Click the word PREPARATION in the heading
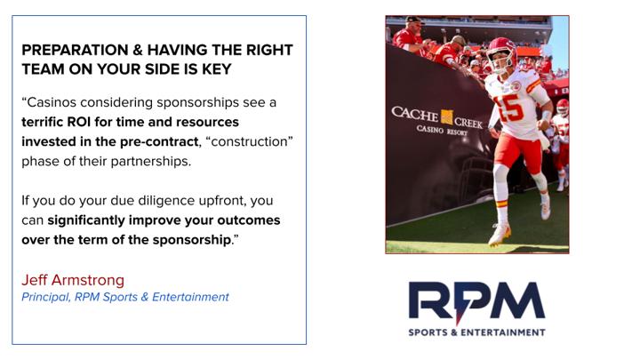[x=75, y=50]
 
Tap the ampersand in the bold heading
[x=138, y=50]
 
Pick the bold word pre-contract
[x=159, y=141]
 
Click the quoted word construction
[x=250, y=141]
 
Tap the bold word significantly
[x=86, y=220]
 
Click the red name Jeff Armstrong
[x=73, y=280]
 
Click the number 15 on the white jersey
[x=509, y=109]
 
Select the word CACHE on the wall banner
[x=415, y=114]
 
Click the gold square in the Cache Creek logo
[x=446, y=117]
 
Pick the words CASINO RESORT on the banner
[x=442, y=130]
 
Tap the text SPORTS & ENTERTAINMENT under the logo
[x=476, y=332]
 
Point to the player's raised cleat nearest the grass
[x=500, y=235]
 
